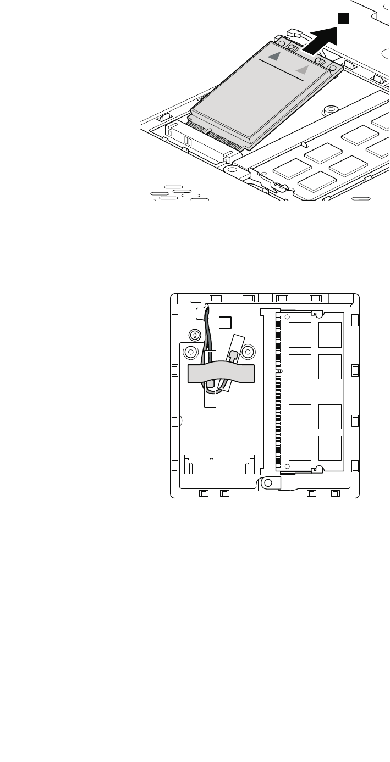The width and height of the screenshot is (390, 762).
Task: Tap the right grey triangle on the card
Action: [x=301, y=69]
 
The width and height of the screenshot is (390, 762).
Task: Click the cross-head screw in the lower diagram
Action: [x=194, y=334]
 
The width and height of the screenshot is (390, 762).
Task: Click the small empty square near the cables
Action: [x=225, y=322]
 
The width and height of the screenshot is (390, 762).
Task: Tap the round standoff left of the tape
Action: [x=190, y=351]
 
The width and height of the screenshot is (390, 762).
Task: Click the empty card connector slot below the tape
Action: [x=219, y=464]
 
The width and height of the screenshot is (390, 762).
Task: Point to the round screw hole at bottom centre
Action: [x=267, y=482]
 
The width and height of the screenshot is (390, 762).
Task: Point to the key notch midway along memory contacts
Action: [x=279, y=371]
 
